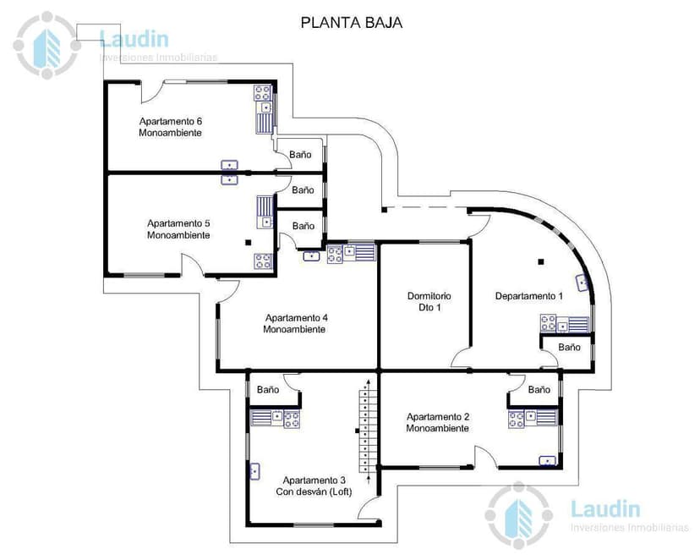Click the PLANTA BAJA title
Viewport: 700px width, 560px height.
[x=351, y=23]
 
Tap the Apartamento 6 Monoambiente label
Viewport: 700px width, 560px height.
[x=171, y=127]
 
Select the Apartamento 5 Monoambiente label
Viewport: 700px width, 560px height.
[x=178, y=229]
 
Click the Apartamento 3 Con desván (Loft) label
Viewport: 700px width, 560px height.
[x=314, y=486]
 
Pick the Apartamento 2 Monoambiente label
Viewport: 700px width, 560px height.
[x=437, y=422]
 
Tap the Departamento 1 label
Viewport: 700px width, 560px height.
[x=528, y=296]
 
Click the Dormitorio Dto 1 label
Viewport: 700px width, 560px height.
[x=429, y=302]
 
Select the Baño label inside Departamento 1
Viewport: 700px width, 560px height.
[x=569, y=348]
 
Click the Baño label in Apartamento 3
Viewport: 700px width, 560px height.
[x=268, y=390]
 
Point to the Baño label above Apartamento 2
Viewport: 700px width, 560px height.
[x=539, y=390]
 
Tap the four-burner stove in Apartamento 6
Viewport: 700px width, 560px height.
[x=263, y=92]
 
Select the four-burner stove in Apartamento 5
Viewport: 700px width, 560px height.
[x=263, y=261]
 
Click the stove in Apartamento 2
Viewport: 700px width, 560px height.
[x=517, y=418]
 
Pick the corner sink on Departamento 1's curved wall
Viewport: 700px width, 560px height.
[x=582, y=283]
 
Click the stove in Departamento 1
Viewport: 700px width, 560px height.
[x=549, y=323]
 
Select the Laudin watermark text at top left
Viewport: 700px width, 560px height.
[x=134, y=39]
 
